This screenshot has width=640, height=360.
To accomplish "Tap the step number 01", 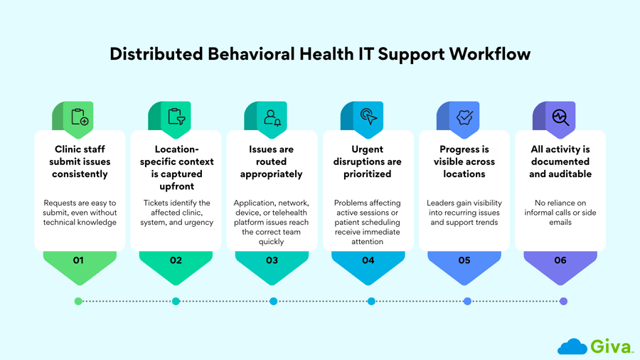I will pos(78,260).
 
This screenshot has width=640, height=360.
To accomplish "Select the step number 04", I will pos(368,260).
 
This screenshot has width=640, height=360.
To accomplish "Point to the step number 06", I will pos(560,260).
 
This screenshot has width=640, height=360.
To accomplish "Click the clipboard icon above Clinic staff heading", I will pos(80,117).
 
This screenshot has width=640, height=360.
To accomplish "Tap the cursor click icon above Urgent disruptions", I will pos(368,116).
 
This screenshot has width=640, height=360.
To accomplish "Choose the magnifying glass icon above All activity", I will pos(560,117).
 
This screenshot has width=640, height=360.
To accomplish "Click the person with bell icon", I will pos(272,117).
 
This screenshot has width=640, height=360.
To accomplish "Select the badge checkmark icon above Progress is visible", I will pos(464,117).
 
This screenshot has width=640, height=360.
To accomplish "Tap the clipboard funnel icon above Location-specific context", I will pos(176,117).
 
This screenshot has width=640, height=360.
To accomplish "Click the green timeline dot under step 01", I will pos(78,301).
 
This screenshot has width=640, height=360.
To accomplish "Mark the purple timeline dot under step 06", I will pos(563,301).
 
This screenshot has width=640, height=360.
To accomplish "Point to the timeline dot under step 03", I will pos(273,301).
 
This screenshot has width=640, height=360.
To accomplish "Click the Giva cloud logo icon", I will pos(572,346).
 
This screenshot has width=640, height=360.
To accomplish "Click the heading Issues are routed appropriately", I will pos(272,162).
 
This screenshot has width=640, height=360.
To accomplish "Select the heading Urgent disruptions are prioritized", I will pos(368,162).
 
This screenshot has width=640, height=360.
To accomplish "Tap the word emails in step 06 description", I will pos(560,222).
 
